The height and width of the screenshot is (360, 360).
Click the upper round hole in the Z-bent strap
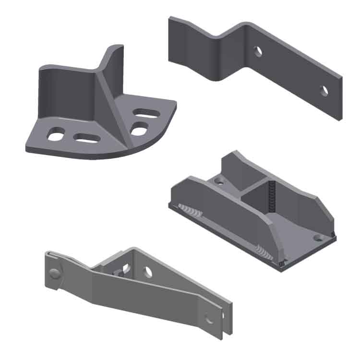258,51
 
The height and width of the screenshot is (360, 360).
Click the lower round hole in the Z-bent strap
324,90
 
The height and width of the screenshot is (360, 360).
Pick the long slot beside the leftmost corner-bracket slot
87,138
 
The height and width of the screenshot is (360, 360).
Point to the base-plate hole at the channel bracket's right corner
318,237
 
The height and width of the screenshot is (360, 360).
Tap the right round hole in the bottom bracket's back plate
149,272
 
